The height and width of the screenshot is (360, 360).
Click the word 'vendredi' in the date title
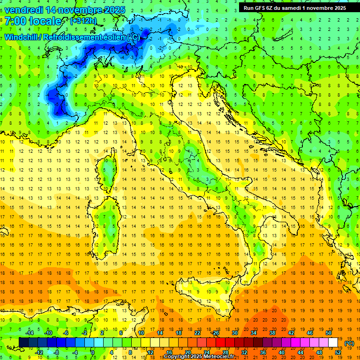tap(24, 9)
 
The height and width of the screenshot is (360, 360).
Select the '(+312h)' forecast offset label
tap(84, 21)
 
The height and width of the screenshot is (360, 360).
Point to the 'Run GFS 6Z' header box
tap(294, 7)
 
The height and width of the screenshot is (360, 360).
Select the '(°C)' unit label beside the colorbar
tap(349, 343)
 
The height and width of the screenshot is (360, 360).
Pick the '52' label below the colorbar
tap(337, 352)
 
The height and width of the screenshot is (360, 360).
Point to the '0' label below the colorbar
tap(93, 352)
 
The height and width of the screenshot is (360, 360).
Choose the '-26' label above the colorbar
tap(215, 333)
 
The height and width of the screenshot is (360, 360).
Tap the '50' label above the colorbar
tap(328, 333)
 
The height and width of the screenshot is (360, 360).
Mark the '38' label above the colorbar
tap(272, 333)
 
